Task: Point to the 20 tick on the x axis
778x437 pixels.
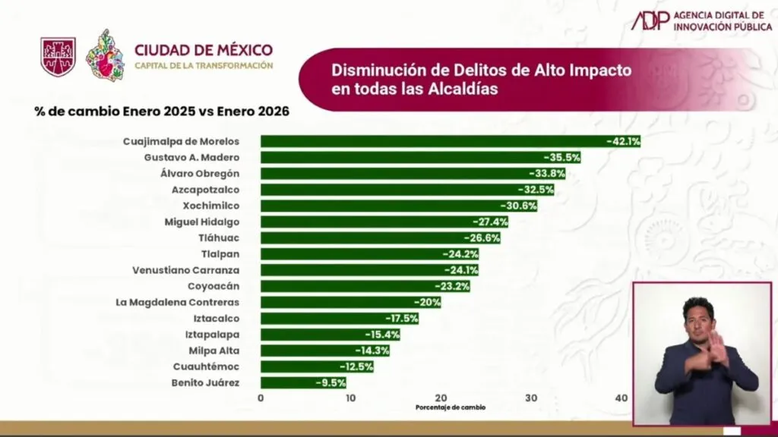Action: point(441,398)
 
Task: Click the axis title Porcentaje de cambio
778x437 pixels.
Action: point(450,408)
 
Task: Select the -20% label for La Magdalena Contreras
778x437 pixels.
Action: point(429,302)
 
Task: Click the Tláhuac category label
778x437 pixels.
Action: point(220,238)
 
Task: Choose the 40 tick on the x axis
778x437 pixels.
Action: point(621,398)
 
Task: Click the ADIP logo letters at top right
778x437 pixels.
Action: point(651,20)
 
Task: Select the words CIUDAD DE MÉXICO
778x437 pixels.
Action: point(203,51)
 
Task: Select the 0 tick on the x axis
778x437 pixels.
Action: point(261,398)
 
